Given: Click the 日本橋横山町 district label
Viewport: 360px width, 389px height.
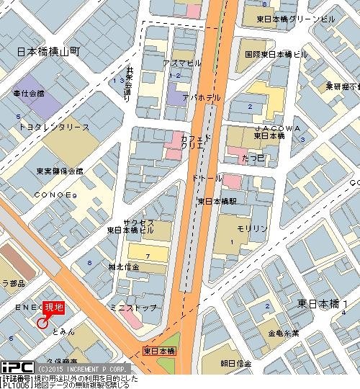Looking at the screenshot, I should click(48, 53).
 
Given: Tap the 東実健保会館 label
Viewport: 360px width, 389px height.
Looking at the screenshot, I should click(49, 171).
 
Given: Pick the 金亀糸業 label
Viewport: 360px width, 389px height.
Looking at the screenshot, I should click(284, 334).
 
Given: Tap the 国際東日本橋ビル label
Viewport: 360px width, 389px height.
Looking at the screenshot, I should click(276, 54).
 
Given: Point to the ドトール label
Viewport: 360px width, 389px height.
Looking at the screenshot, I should click(207, 176).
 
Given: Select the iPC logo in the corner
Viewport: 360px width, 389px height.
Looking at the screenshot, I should click(16, 367).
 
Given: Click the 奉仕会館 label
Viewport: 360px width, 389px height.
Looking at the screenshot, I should click(29, 94).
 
